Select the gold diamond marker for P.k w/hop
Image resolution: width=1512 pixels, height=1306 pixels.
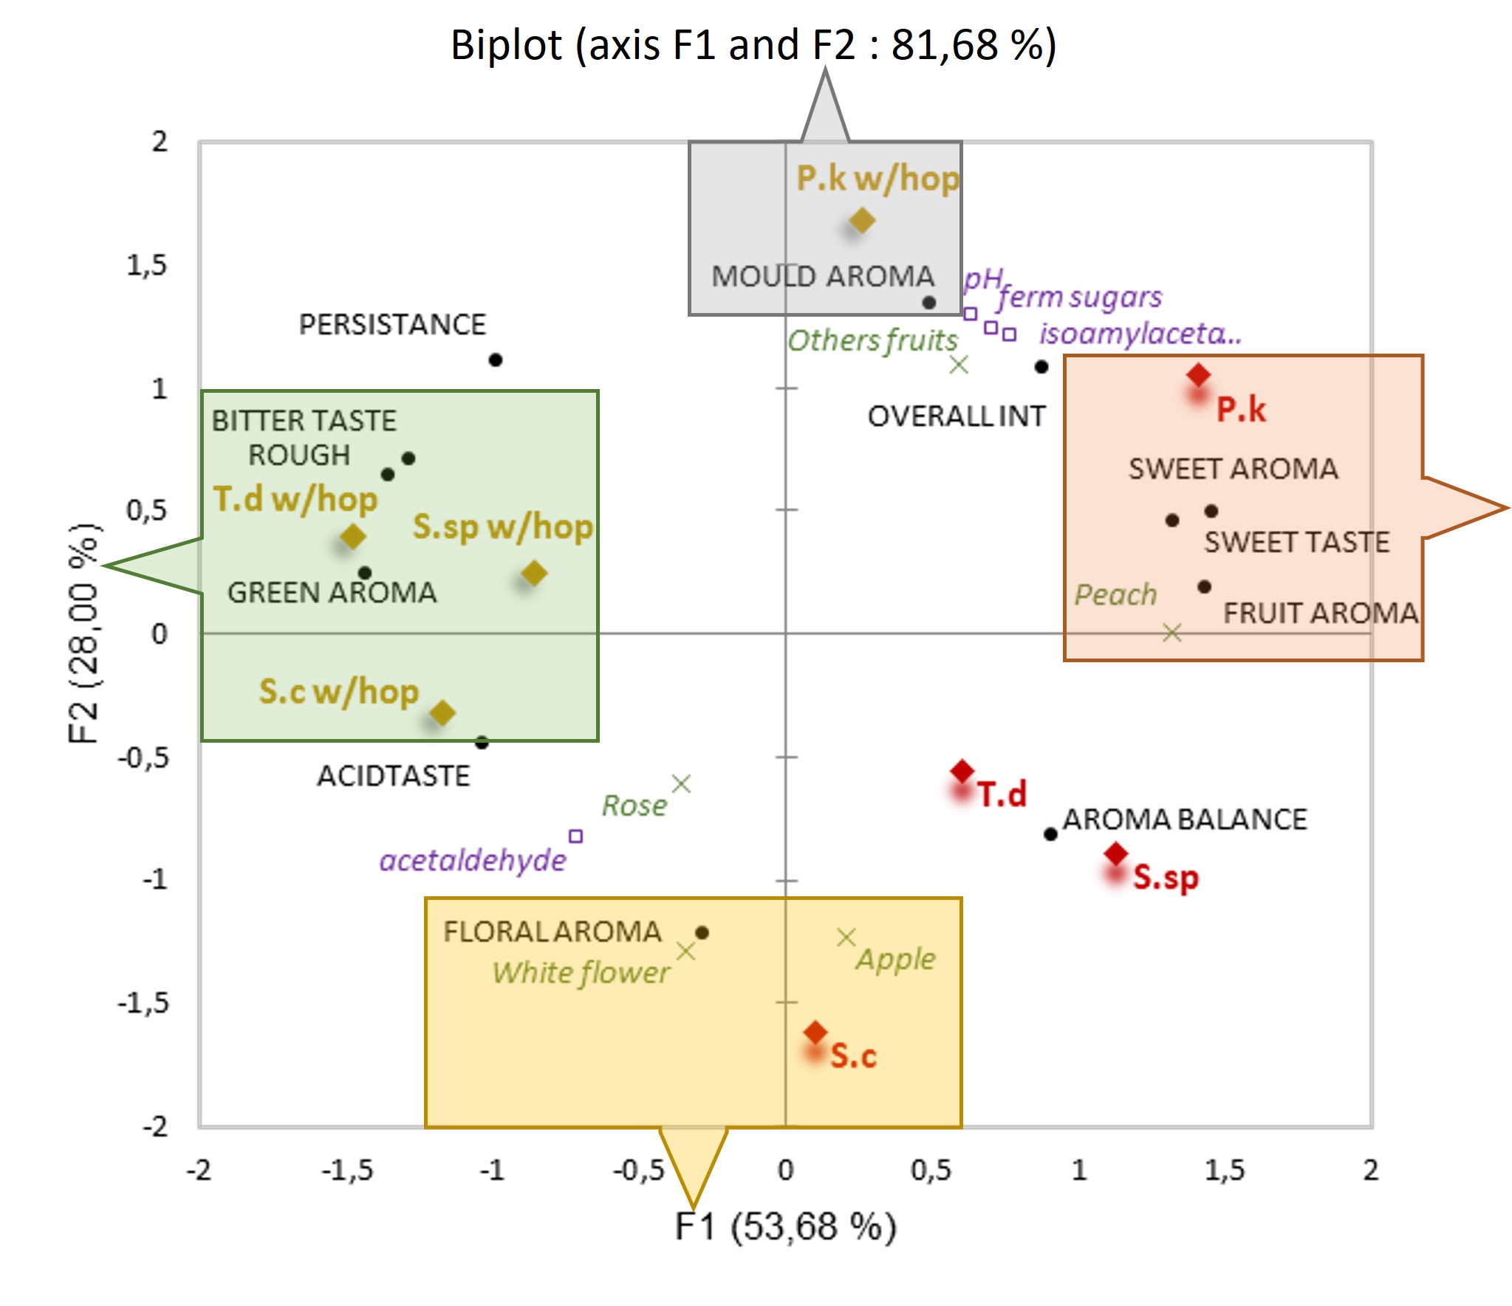(x=862, y=220)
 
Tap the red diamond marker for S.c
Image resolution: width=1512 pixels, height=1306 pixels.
(x=815, y=1032)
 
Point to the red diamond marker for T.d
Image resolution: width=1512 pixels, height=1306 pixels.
(x=962, y=771)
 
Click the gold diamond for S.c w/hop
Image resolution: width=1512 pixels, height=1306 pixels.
(x=442, y=712)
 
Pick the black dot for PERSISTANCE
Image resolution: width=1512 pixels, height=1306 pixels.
(x=496, y=360)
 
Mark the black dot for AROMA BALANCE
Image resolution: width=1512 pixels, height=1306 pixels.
(x=1050, y=834)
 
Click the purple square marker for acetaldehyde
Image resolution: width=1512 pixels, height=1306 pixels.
(x=576, y=836)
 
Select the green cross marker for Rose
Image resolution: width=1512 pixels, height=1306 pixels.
(x=682, y=784)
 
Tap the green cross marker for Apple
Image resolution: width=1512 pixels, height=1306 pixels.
(x=846, y=938)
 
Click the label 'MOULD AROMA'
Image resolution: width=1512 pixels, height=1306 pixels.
(x=823, y=276)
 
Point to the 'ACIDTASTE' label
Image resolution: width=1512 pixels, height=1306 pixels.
(x=393, y=776)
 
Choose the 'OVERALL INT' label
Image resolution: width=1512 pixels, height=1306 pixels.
(x=957, y=416)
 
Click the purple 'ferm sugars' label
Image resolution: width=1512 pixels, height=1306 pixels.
(x=1080, y=297)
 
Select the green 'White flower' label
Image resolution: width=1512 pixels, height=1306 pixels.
(x=581, y=973)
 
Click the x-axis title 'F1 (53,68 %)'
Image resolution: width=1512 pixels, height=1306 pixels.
(x=786, y=1227)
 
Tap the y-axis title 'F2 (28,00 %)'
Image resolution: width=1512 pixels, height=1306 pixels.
(x=83, y=633)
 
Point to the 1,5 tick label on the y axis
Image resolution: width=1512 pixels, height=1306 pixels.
(x=146, y=265)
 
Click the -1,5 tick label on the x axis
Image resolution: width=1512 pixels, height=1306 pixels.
(x=347, y=1170)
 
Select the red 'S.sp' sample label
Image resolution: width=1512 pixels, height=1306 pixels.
(x=1166, y=877)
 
